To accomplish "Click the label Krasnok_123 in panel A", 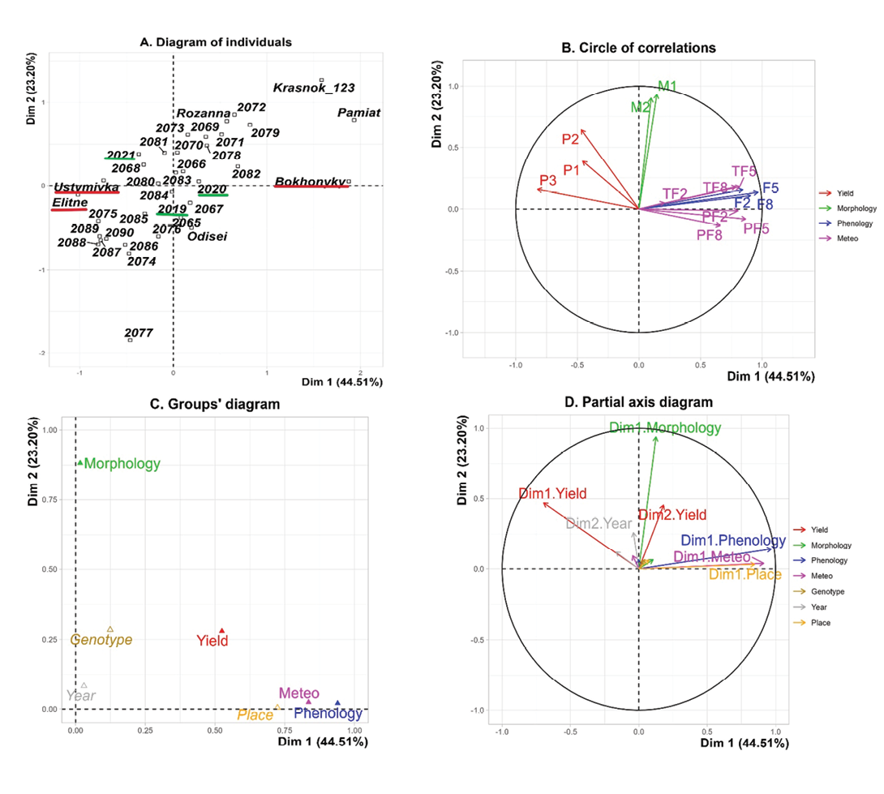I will click(314, 88).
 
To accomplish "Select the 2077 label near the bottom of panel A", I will click(139, 333).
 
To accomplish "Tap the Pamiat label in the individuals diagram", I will click(359, 114).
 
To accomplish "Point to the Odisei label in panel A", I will click(208, 237).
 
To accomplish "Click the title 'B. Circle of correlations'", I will click(639, 48).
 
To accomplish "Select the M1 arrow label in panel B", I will click(667, 85).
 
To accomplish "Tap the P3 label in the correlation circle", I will click(549, 180).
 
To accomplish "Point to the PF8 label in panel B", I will click(709, 235).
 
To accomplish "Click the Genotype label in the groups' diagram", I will click(101, 640).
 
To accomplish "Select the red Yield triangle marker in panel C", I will click(222, 630).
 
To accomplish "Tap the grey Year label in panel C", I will click(80, 696).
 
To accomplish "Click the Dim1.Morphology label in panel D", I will click(664, 428).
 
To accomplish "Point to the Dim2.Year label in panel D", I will click(598, 524).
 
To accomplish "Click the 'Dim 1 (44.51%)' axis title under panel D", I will click(770, 743).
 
